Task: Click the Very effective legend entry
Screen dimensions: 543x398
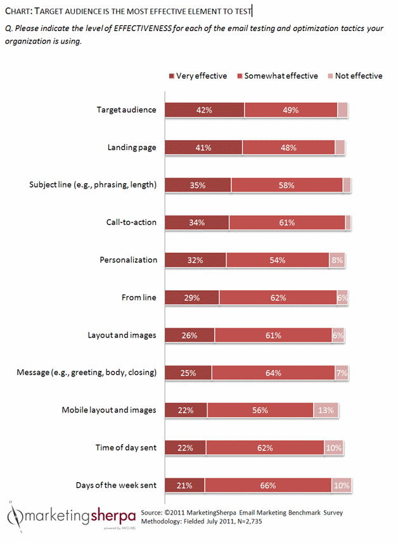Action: (x=198, y=76)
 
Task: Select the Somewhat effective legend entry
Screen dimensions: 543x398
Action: (x=278, y=76)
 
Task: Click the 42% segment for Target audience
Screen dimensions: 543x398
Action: (x=205, y=110)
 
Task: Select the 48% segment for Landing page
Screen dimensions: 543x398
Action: (x=288, y=147)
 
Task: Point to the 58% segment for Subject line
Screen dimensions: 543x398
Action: (x=286, y=184)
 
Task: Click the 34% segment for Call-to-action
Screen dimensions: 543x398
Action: (x=197, y=222)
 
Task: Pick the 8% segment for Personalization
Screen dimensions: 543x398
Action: (x=337, y=260)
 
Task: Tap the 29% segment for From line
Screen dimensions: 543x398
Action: (x=192, y=297)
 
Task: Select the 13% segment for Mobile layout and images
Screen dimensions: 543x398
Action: (x=327, y=410)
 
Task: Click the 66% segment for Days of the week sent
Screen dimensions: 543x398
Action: (x=267, y=485)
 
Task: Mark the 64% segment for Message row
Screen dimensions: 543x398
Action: (x=273, y=373)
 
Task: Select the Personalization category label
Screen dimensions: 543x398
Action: (x=127, y=260)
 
